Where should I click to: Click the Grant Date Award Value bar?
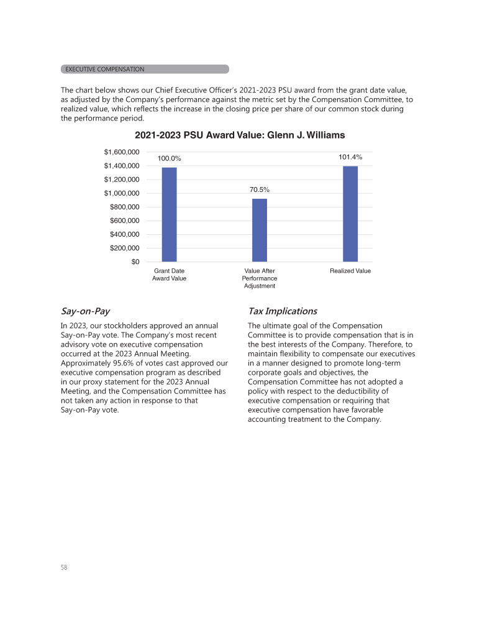pyautogui.click(x=169, y=214)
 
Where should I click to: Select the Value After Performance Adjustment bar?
pyautogui.click(x=260, y=230)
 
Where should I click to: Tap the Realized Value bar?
pyautogui.click(x=350, y=214)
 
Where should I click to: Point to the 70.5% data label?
pyautogui.click(x=260, y=190)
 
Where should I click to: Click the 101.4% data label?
pyautogui.click(x=350, y=157)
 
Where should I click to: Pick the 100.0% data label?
pyautogui.click(x=169, y=158)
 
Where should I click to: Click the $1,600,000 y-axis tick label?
pyautogui.click(x=121, y=152)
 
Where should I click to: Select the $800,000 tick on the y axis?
pyautogui.click(x=124, y=207)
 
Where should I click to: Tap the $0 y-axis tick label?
pyautogui.click(x=135, y=262)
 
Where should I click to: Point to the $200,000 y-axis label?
pyautogui.click(x=124, y=248)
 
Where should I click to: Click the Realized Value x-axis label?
pyautogui.click(x=350, y=271)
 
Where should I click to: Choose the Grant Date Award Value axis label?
pyautogui.click(x=169, y=275)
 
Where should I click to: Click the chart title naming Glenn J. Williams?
pyautogui.click(x=240, y=135)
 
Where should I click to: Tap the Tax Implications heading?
pyautogui.click(x=283, y=311)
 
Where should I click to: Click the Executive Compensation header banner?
pyautogui.click(x=145, y=69)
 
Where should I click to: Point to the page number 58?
pyautogui.click(x=65, y=567)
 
